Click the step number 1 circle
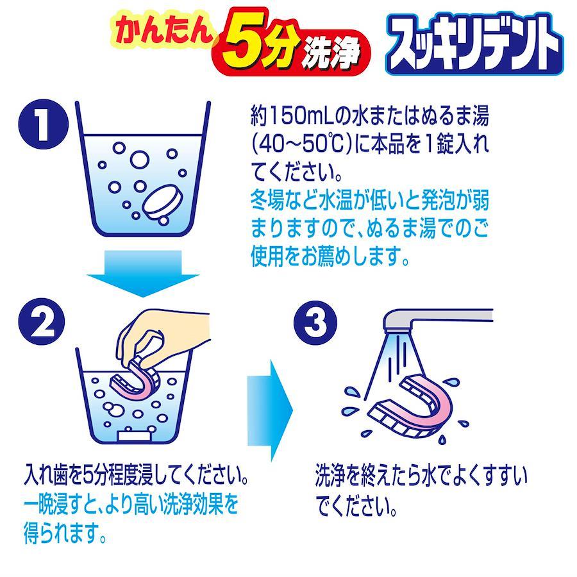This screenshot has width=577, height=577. (x=44, y=124)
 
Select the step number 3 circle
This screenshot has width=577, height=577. (x=315, y=322)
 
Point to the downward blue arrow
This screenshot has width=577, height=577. (x=143, y=273)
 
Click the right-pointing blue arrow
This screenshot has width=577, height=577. (x=270, y=410)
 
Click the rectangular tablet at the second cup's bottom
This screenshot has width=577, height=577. (x=135, y=436)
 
